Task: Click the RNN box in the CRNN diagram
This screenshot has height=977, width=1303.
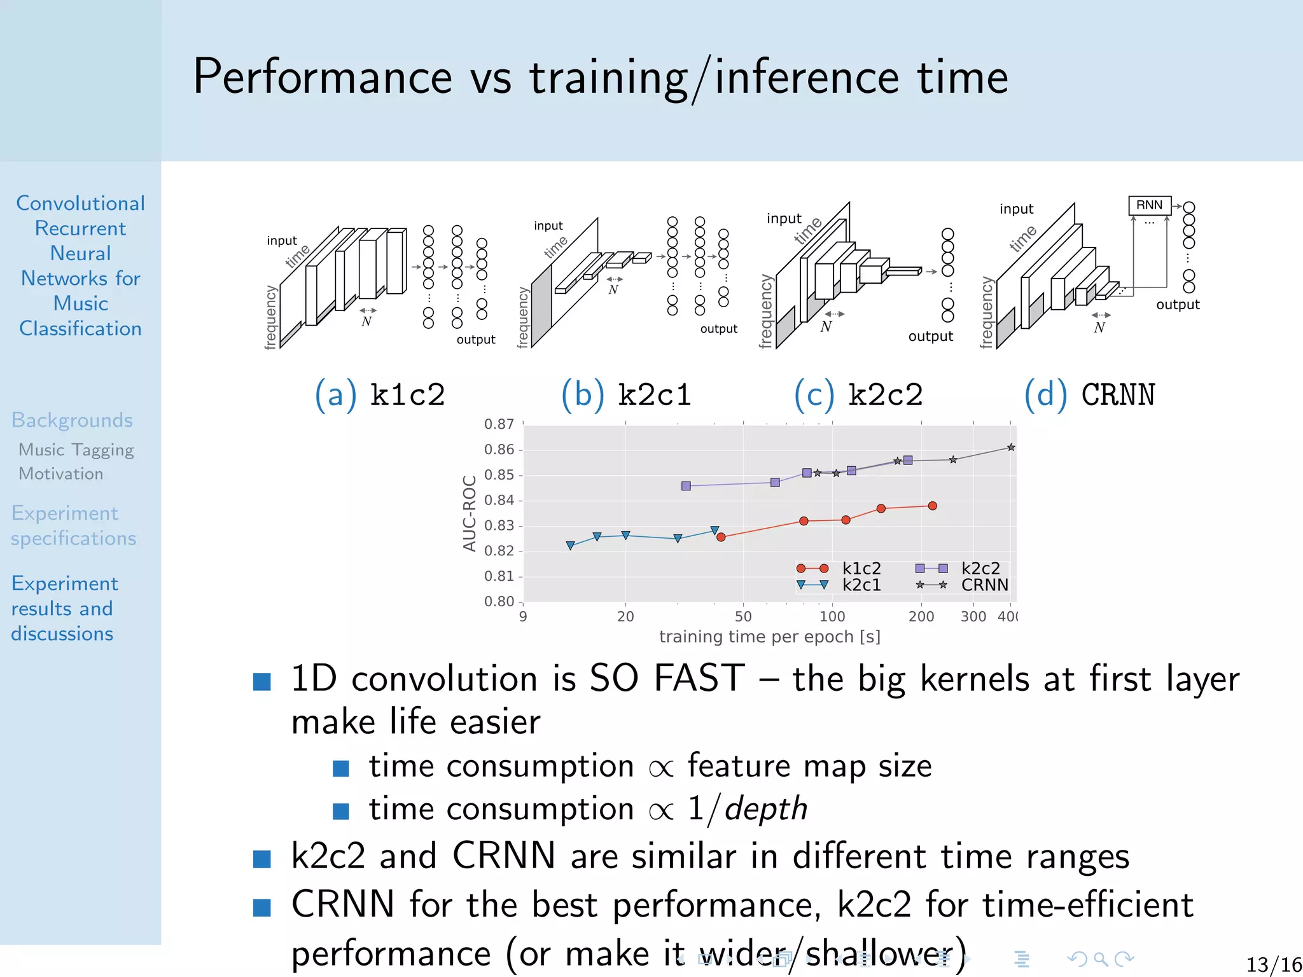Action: [x=1149, y=205]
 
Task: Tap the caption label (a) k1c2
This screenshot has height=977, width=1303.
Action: [x=380, y=395]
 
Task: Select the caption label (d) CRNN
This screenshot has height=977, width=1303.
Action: [x=1089, y=395]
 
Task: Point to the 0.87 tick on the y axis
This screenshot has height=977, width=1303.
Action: [x=499, y=424]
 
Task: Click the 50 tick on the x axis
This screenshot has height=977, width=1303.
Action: [x=743, y=616]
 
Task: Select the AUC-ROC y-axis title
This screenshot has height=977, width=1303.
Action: [x=470, y=513]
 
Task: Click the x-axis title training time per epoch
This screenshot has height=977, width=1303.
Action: [x=769, y=637]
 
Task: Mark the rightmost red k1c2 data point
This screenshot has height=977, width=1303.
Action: [x=932, y=506]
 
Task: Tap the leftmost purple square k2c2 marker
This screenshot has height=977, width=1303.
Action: [x=686, y=486]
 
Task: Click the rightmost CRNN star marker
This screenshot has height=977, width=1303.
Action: [x=1011, y=448]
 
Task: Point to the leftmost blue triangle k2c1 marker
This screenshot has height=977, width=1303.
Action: [x=570, y=546]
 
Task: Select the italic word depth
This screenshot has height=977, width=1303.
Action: [x=766, y=809]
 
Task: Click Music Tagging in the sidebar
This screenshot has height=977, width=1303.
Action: [x=76, y=450]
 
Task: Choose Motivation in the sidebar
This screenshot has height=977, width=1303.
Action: [x=61, y=474]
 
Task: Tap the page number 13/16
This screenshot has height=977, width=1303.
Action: [x=1273, y=964]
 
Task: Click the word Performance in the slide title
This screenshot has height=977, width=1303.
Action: [x=323, y=77]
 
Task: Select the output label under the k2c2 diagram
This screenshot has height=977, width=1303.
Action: [x=930, y=336]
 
